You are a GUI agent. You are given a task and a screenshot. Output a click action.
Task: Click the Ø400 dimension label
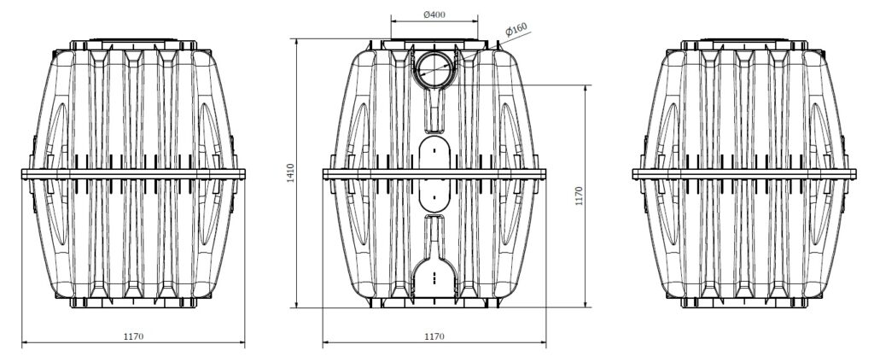tap(434, 15)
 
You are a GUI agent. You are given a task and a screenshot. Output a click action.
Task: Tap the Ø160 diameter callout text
tap(516, 30)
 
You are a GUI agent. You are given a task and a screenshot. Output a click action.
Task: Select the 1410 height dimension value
tap(290, 173)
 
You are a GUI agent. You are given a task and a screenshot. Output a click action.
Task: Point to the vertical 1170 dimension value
tap(579, 196)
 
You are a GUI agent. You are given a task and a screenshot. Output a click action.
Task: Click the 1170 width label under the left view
tap(133, 336)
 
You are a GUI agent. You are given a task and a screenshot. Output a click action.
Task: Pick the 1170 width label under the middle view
tap(434, 336)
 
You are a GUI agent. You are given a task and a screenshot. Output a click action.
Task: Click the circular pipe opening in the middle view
tap(434, 70)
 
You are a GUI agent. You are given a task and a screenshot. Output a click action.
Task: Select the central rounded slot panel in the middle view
tap(434, 173)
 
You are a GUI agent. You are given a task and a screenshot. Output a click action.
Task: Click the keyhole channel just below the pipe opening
tap(434, 110)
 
